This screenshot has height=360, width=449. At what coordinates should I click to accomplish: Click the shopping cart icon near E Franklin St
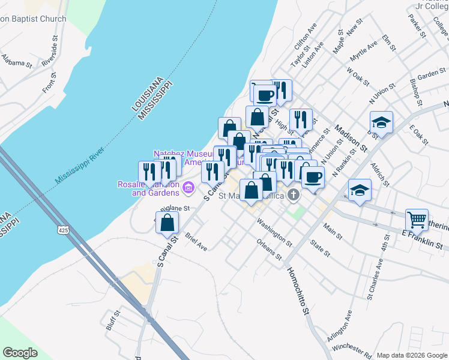(417, 220)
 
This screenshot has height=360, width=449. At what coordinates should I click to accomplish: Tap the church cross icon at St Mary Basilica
(294, 194)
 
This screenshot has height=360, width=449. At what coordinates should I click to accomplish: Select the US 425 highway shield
(63, 230)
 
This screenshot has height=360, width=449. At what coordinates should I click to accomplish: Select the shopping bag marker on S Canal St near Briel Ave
(169, 223)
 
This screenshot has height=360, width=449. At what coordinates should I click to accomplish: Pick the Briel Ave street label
(196, 242)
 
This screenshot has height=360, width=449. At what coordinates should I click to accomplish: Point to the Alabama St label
(16, 62)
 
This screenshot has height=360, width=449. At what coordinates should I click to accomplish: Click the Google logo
(20, 353)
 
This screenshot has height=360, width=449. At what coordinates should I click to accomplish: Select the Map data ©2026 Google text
(411, 355)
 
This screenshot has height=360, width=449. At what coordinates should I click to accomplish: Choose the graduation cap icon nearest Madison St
(381, 123)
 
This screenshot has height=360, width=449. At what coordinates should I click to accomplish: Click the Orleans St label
(268, 249)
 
